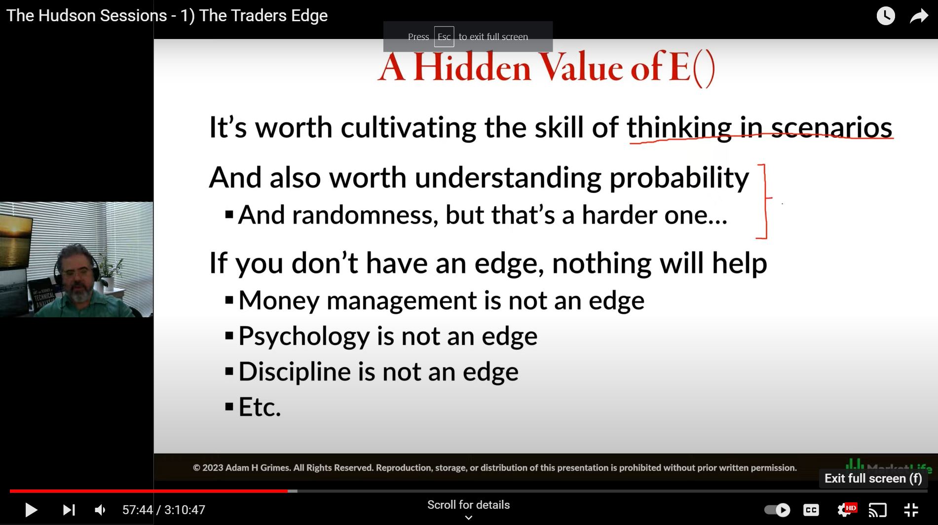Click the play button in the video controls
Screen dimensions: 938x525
point(31,510)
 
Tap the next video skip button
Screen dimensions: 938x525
point(69,510)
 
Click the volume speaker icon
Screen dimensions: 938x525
point(100,510)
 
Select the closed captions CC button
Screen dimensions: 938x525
point(811,510)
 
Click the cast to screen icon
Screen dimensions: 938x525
point(878,510)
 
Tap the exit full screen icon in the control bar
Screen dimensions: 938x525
point(911,510)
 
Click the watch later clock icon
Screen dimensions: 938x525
point(886,16)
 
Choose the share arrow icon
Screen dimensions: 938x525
point(919,16)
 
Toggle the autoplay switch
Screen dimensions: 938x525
point(777,510)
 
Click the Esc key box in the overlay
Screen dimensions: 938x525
point(444,37)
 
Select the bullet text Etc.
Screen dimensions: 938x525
point(260,407)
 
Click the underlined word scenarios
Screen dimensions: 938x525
point(832,128)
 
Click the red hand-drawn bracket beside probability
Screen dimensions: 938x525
point(766,201)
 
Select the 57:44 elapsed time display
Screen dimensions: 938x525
point(138,510)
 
